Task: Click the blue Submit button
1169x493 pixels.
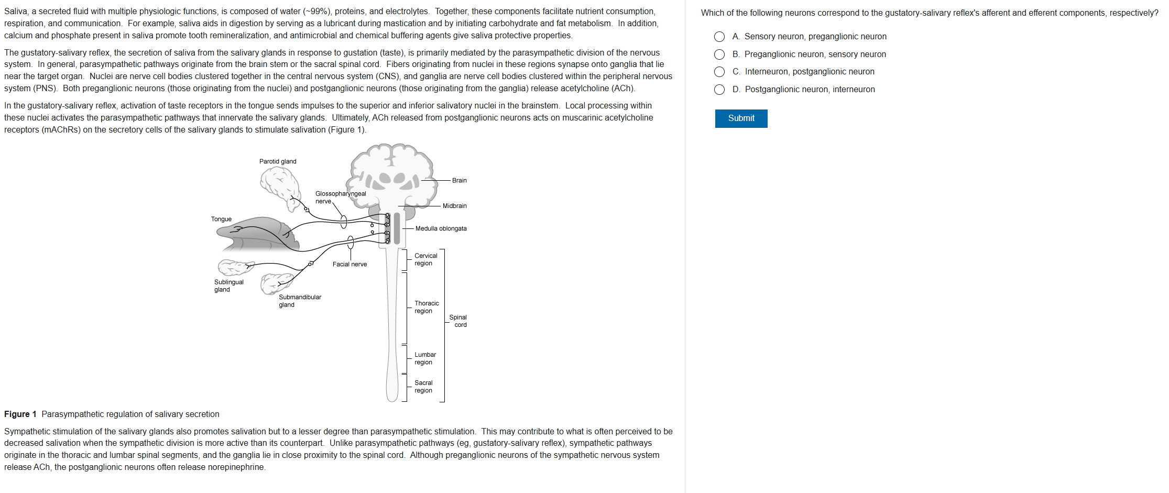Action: pyautogui.click(x=741, y=118)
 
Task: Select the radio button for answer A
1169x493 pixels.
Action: pyautogui.click(x=719, y=37)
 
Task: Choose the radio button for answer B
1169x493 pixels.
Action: pyautogui.click(x=719, y=54)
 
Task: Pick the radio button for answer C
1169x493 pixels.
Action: pyautogui.click(x=719, y=72)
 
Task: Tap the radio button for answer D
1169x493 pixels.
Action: pyautogui.click(x=719, y=90)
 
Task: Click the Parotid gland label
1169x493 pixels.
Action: pyautogui.click(x=278, y=161)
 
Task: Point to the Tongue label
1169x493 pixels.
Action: pyautogui.click(x=221, y=219)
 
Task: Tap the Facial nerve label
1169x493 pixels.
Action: pyautogui.click(x=349, y=264)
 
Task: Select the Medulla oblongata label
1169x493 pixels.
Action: pyautogui.click(x=441, y=228)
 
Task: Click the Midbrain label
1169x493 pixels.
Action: pyautogui.click(x=454, y=206)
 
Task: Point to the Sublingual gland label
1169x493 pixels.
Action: pyautogui.click(x=228, y=286)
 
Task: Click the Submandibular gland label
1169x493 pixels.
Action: pyautogui.click(x=300, y=301)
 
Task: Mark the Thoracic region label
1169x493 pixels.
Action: pyautogui.click(x=426, y=307)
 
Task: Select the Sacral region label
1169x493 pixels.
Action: pyautogui.click(x=423, y=387)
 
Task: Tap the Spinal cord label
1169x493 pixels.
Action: pyautogui.click(x=458, y=321)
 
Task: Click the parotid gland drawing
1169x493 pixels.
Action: pyautogui.click(x=280, y=186)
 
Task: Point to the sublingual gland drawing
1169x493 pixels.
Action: pyautogui.click(x=235, y=267)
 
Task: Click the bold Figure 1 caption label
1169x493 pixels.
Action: pyautogui.click(x=20, y=414)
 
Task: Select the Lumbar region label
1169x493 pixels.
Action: pyautogui.click(x=425, y=358)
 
